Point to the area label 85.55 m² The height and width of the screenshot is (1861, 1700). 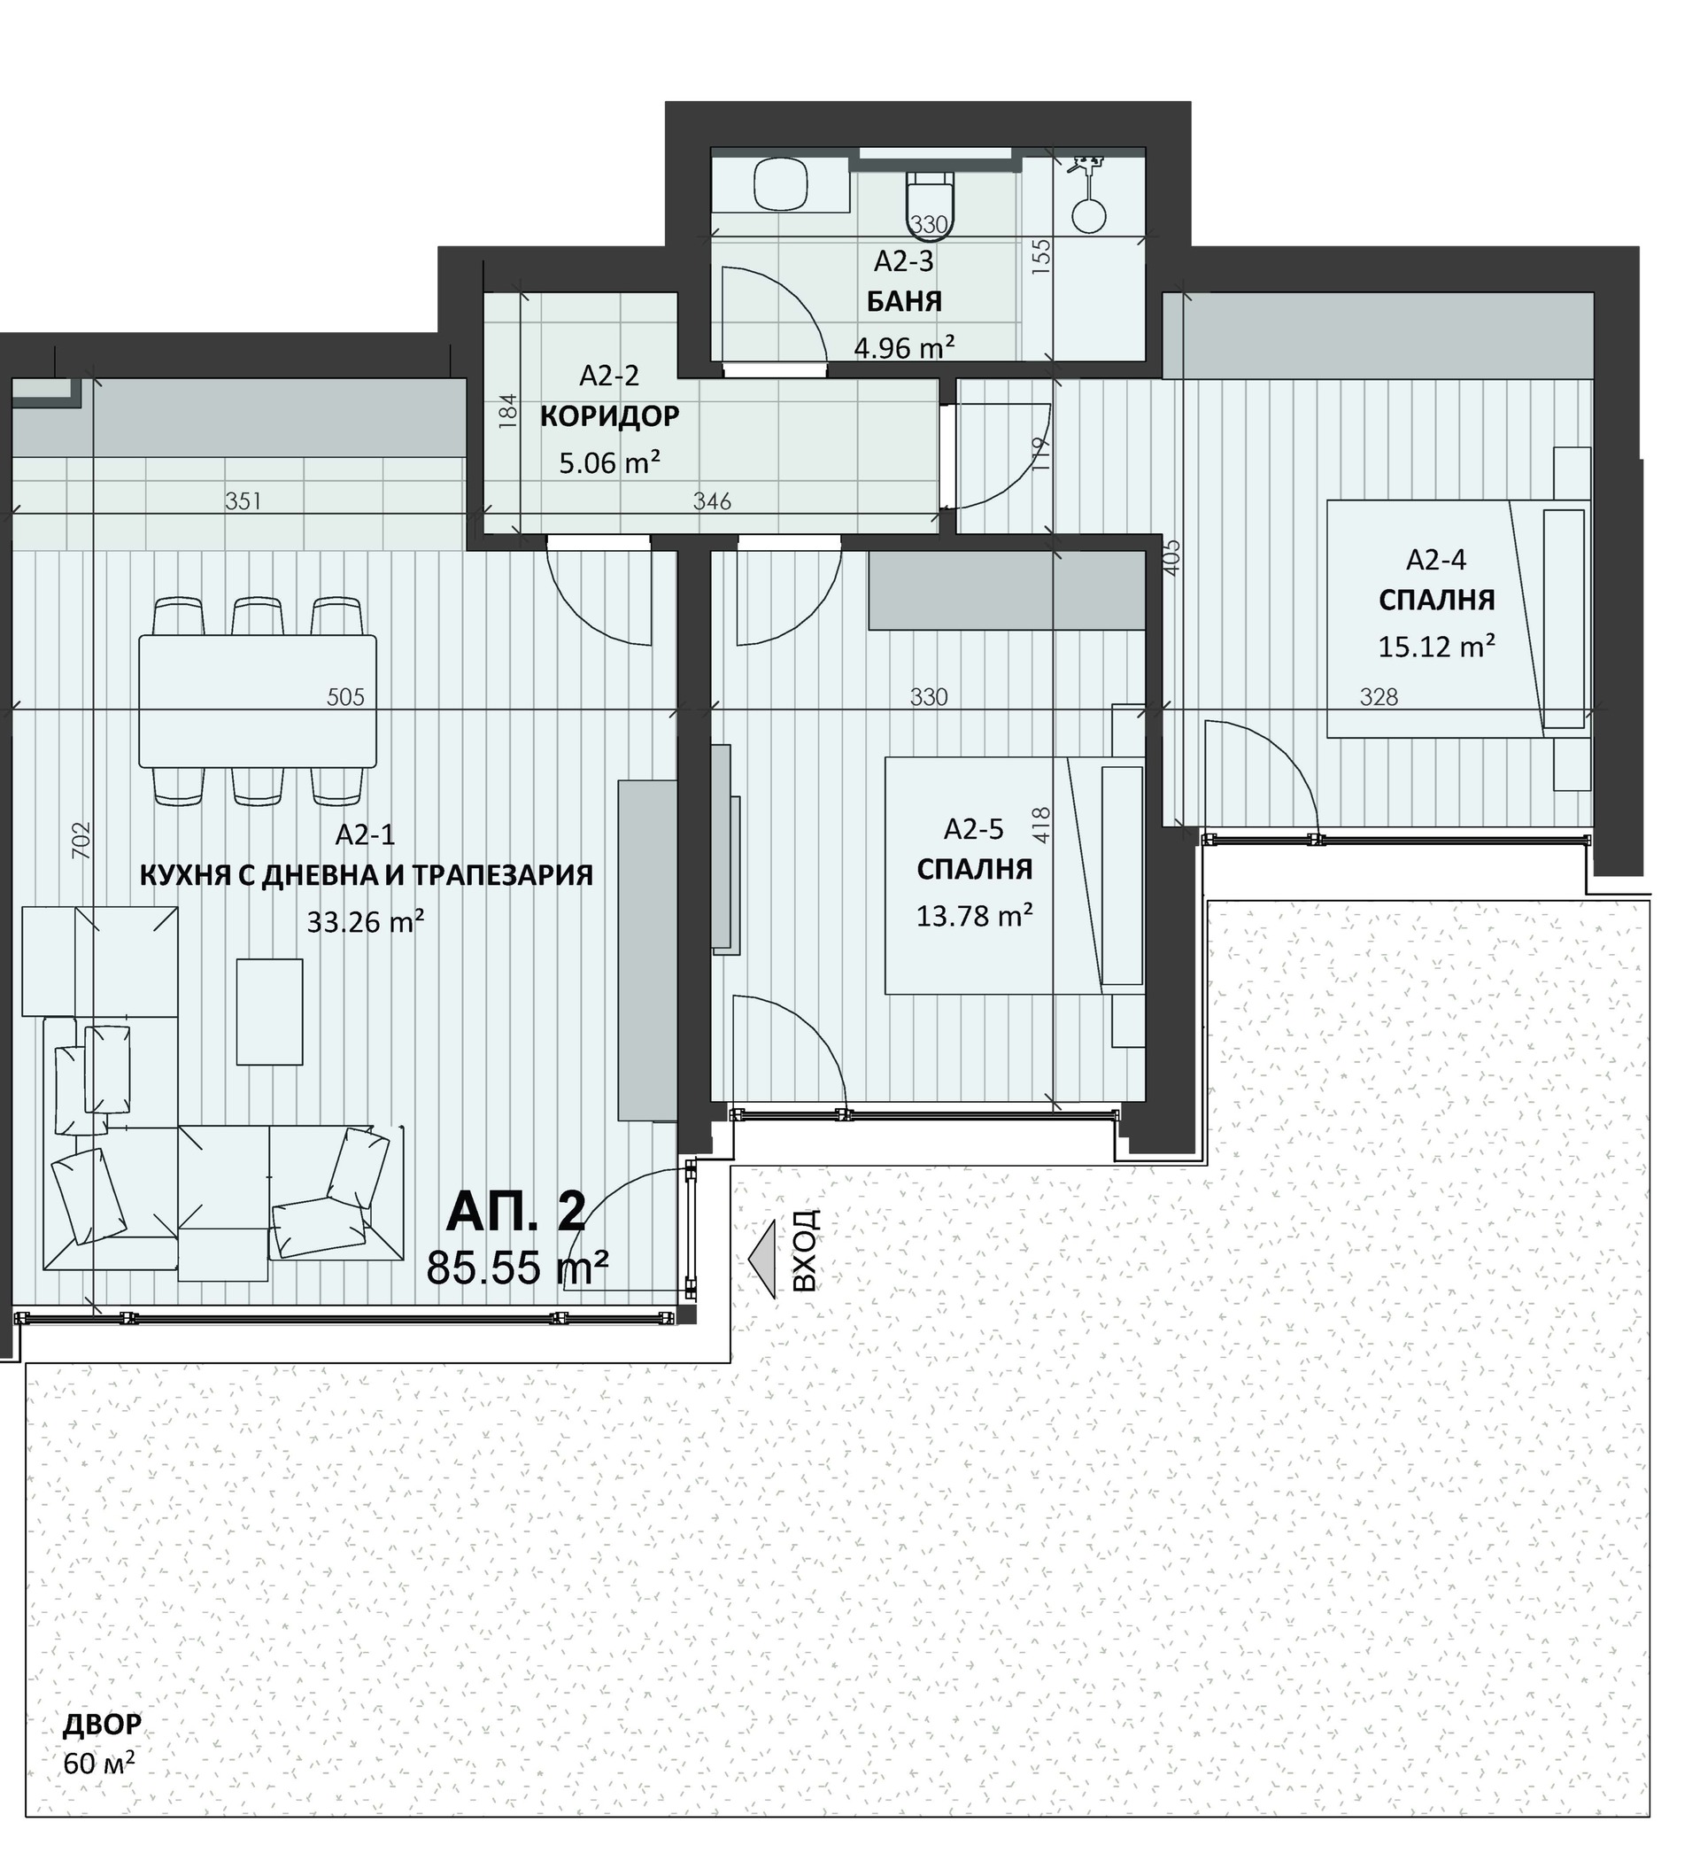(517, 1267)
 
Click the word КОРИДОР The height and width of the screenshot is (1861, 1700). (609, 416)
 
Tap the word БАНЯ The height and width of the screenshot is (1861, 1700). (903, 301)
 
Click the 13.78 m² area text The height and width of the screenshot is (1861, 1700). (974, 916)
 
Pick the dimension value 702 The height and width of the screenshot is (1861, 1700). (81, 840)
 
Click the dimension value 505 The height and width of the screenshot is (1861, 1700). (346, 697)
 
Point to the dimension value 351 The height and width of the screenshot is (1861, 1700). (243, 501)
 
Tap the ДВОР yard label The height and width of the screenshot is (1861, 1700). (103, 1724)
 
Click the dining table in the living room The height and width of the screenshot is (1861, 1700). (258, 701)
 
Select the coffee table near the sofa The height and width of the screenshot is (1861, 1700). (269, 1012)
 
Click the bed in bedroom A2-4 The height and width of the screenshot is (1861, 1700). (1459, 618)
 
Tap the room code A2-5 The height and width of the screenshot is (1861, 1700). (973, 829)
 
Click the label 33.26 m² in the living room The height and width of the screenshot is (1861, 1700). (366, 921)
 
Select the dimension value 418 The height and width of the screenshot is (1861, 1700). (1041, 825)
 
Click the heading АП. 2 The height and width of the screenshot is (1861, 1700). (515, 1212)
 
